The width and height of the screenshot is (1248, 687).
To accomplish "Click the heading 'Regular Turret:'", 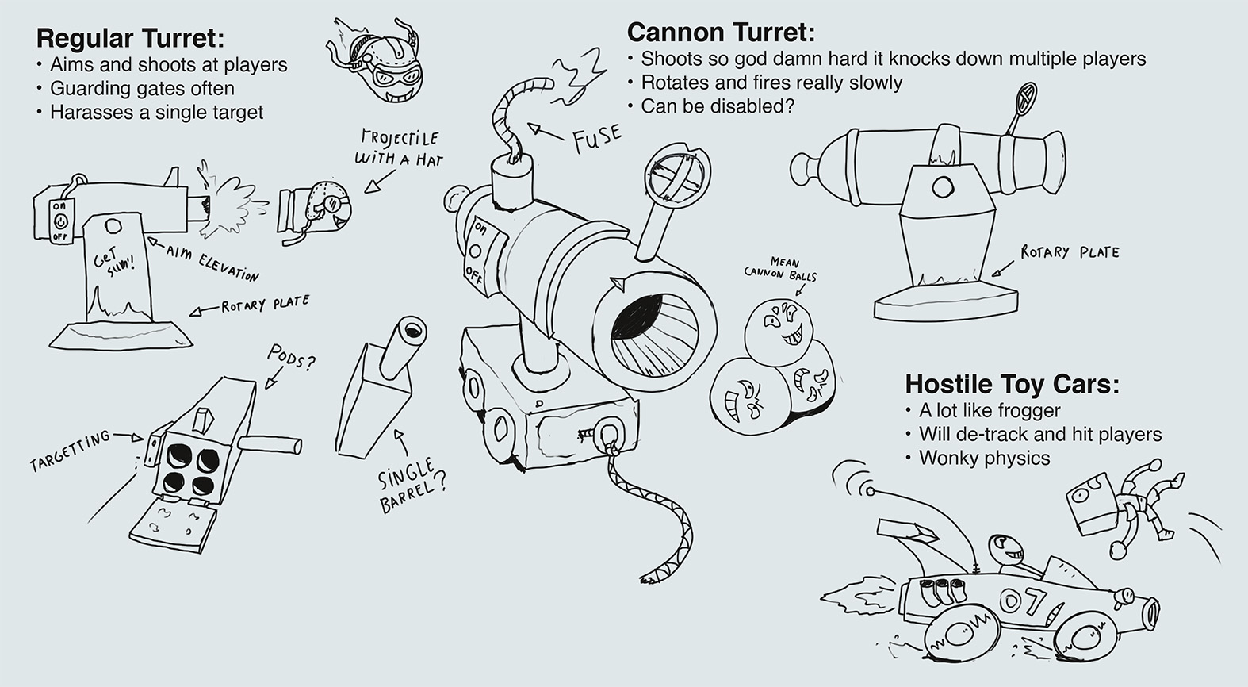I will pos(130,38).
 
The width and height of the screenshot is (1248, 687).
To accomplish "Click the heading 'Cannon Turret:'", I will pos(721,33).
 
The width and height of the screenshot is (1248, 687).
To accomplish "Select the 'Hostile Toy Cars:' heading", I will pos(1012,385).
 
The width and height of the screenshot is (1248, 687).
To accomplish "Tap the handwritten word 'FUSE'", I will pos(596,138).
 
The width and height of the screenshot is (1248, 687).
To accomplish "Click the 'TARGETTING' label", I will pos(69,451).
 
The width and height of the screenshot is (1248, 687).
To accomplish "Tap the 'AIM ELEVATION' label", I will pos(212,263).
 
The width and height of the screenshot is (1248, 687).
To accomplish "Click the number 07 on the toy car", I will pos(1023,601).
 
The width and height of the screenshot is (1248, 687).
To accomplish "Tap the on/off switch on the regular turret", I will pos(60,221).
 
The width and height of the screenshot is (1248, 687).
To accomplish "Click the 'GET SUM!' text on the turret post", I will pos(114,259).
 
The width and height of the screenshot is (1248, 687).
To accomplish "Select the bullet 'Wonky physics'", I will pos(984,458).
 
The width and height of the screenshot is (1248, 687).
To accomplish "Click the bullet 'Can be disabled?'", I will pos(717,106).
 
